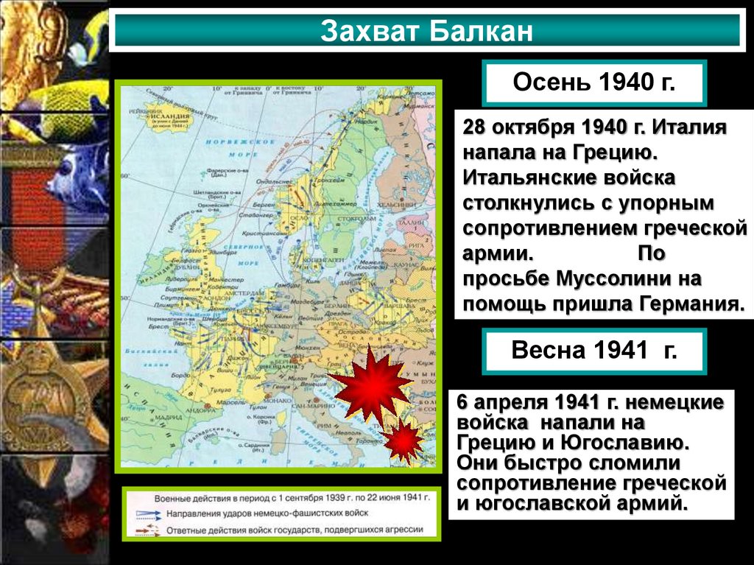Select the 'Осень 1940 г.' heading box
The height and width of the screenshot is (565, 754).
pos(593,83)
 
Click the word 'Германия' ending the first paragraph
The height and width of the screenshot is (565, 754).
pos(684,303)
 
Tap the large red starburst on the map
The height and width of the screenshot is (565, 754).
pos(370,382)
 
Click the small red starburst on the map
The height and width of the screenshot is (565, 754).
pos(404,441)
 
